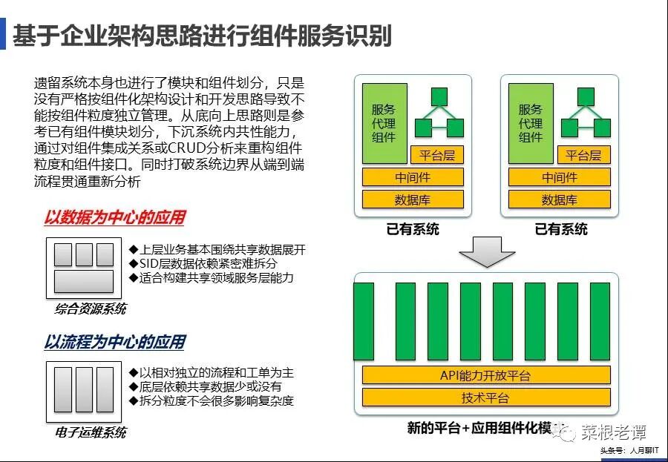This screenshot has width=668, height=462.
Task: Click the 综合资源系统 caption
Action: point(91,308)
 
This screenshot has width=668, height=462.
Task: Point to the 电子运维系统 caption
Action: point(91,432)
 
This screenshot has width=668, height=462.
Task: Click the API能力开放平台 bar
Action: point(486,375)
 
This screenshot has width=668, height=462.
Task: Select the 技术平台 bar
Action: point(486,397)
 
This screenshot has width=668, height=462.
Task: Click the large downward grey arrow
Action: point(487,254)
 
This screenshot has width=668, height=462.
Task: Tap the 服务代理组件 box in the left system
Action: point(384,123)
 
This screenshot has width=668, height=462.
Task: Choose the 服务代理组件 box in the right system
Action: point(531,123)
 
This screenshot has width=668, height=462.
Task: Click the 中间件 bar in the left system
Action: point(413,177)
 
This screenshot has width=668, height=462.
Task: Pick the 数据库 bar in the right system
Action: point(560,199)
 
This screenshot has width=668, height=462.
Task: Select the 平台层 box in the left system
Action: point(436,155)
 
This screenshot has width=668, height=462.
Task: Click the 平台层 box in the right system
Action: point(583,155)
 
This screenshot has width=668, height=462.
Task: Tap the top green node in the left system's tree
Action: point(439,96)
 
